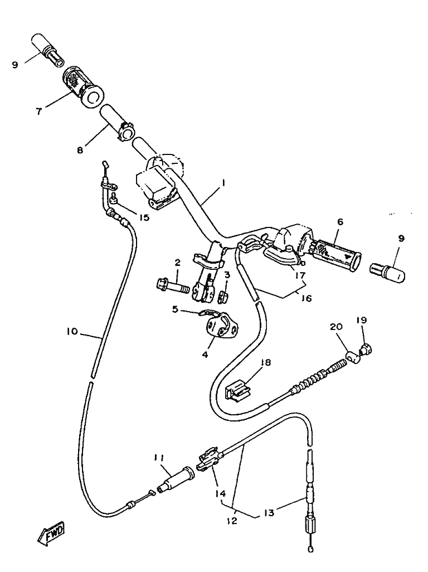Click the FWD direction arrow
(50, 533)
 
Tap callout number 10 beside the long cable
(72, 332)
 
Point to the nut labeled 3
(223, 293)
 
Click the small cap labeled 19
(366, 350)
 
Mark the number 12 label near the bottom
(232, 521)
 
